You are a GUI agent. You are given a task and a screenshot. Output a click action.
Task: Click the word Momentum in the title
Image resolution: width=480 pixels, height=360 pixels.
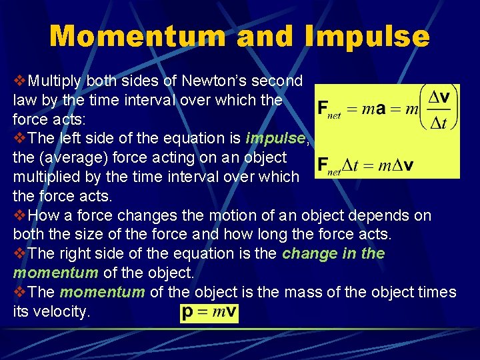(138, 36)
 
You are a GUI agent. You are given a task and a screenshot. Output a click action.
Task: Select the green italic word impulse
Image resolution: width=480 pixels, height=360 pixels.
(275, 138)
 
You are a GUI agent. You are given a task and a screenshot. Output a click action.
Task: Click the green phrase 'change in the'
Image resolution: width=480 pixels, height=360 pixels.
(333, 253)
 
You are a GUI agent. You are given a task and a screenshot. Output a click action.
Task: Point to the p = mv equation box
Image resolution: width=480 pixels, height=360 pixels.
(209, 313)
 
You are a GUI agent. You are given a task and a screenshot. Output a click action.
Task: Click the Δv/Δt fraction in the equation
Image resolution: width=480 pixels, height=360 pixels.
(437, 107)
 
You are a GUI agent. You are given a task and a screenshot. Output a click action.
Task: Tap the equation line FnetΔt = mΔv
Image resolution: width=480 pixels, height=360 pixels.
(364, 165)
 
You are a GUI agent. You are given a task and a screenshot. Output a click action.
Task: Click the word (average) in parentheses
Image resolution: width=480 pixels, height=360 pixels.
(79, 157)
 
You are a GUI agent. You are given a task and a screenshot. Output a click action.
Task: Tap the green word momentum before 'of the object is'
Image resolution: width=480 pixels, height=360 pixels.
(102, 292)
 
